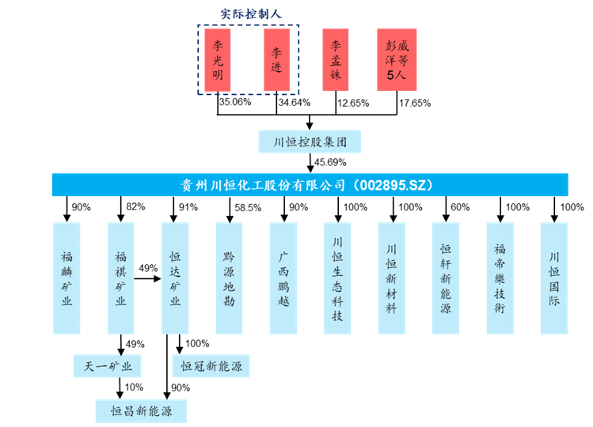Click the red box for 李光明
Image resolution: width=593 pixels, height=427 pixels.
coord(218,60)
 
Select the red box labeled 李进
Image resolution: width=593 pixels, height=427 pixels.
coord(277,60)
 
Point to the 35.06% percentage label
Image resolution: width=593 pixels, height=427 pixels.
coord(234,103)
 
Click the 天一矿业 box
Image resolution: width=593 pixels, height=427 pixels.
coord(107,365)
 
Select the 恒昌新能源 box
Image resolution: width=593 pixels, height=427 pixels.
coord(140,411)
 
